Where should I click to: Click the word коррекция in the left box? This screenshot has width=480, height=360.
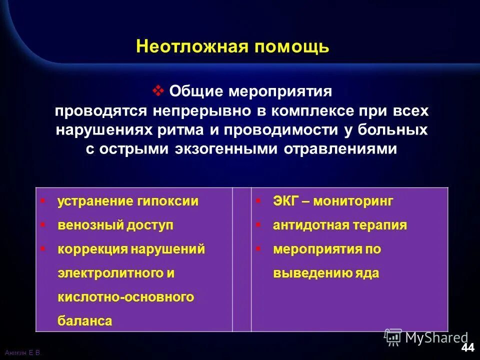[92, 249]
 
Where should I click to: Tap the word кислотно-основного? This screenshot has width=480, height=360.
[125, 297]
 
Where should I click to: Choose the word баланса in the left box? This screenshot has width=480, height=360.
[84, 321]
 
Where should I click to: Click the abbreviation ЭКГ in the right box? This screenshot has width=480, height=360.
[285, 201]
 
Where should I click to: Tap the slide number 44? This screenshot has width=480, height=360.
[468, 347]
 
